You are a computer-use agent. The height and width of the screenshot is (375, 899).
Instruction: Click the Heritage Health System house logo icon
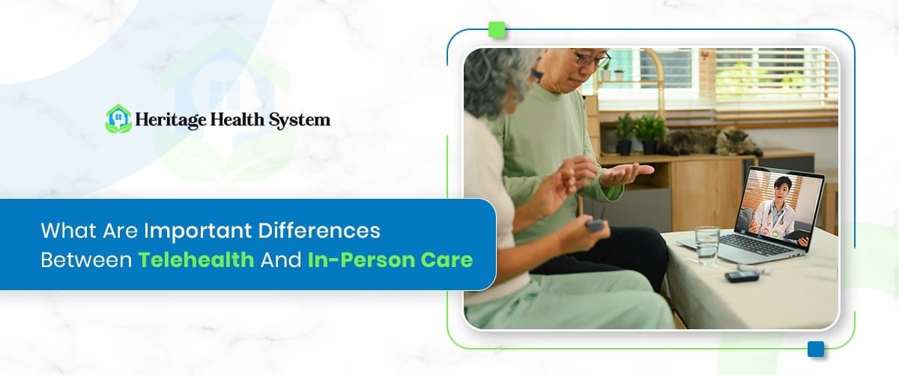tap(118, 118)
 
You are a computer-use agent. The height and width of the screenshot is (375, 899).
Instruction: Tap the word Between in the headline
tap(85, 260)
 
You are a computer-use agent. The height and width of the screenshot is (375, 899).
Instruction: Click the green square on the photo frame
tap(497, 30)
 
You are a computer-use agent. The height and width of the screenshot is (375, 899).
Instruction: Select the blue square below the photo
tap(816, 349)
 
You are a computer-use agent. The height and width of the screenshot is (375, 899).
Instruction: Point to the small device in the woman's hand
tap(596, 224)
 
